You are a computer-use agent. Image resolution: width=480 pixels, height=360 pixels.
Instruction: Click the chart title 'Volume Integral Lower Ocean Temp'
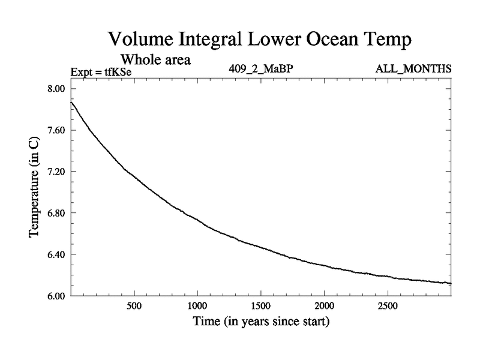point(261,40)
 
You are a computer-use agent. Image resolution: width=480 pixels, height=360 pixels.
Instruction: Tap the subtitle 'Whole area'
point(156,59)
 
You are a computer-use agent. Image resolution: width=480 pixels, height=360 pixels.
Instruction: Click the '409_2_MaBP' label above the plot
point(261,69)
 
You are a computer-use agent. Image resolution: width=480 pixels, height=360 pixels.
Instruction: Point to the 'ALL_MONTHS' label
point(413,69)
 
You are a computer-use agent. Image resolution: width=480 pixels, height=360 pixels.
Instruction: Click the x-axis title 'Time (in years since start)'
point(261,322)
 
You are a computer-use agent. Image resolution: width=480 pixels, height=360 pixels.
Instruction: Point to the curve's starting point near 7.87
point(71,102)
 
